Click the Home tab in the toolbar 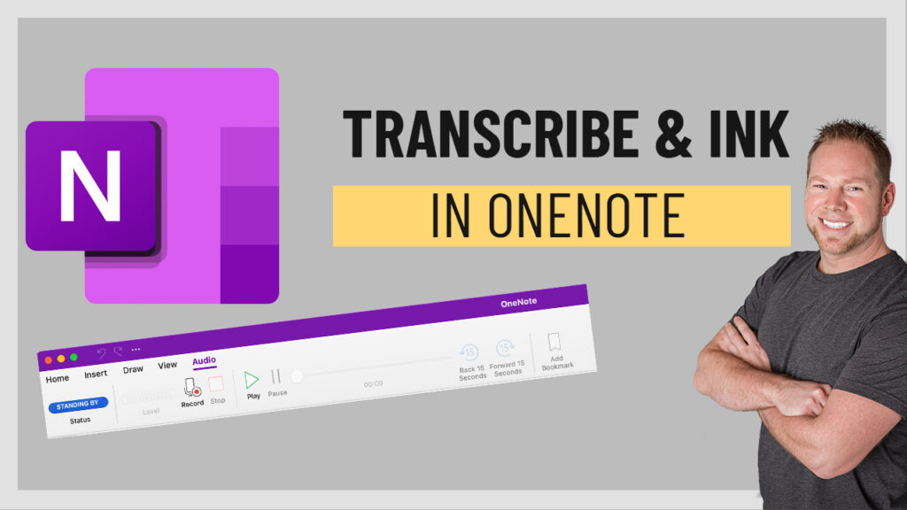point(57,378)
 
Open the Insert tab point(96,374)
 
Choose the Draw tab point(133,369)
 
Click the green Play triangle point(252,380)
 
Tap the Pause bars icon point(276,376)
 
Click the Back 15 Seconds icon point(469,352)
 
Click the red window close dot point(49,359)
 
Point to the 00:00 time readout point(374,383)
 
